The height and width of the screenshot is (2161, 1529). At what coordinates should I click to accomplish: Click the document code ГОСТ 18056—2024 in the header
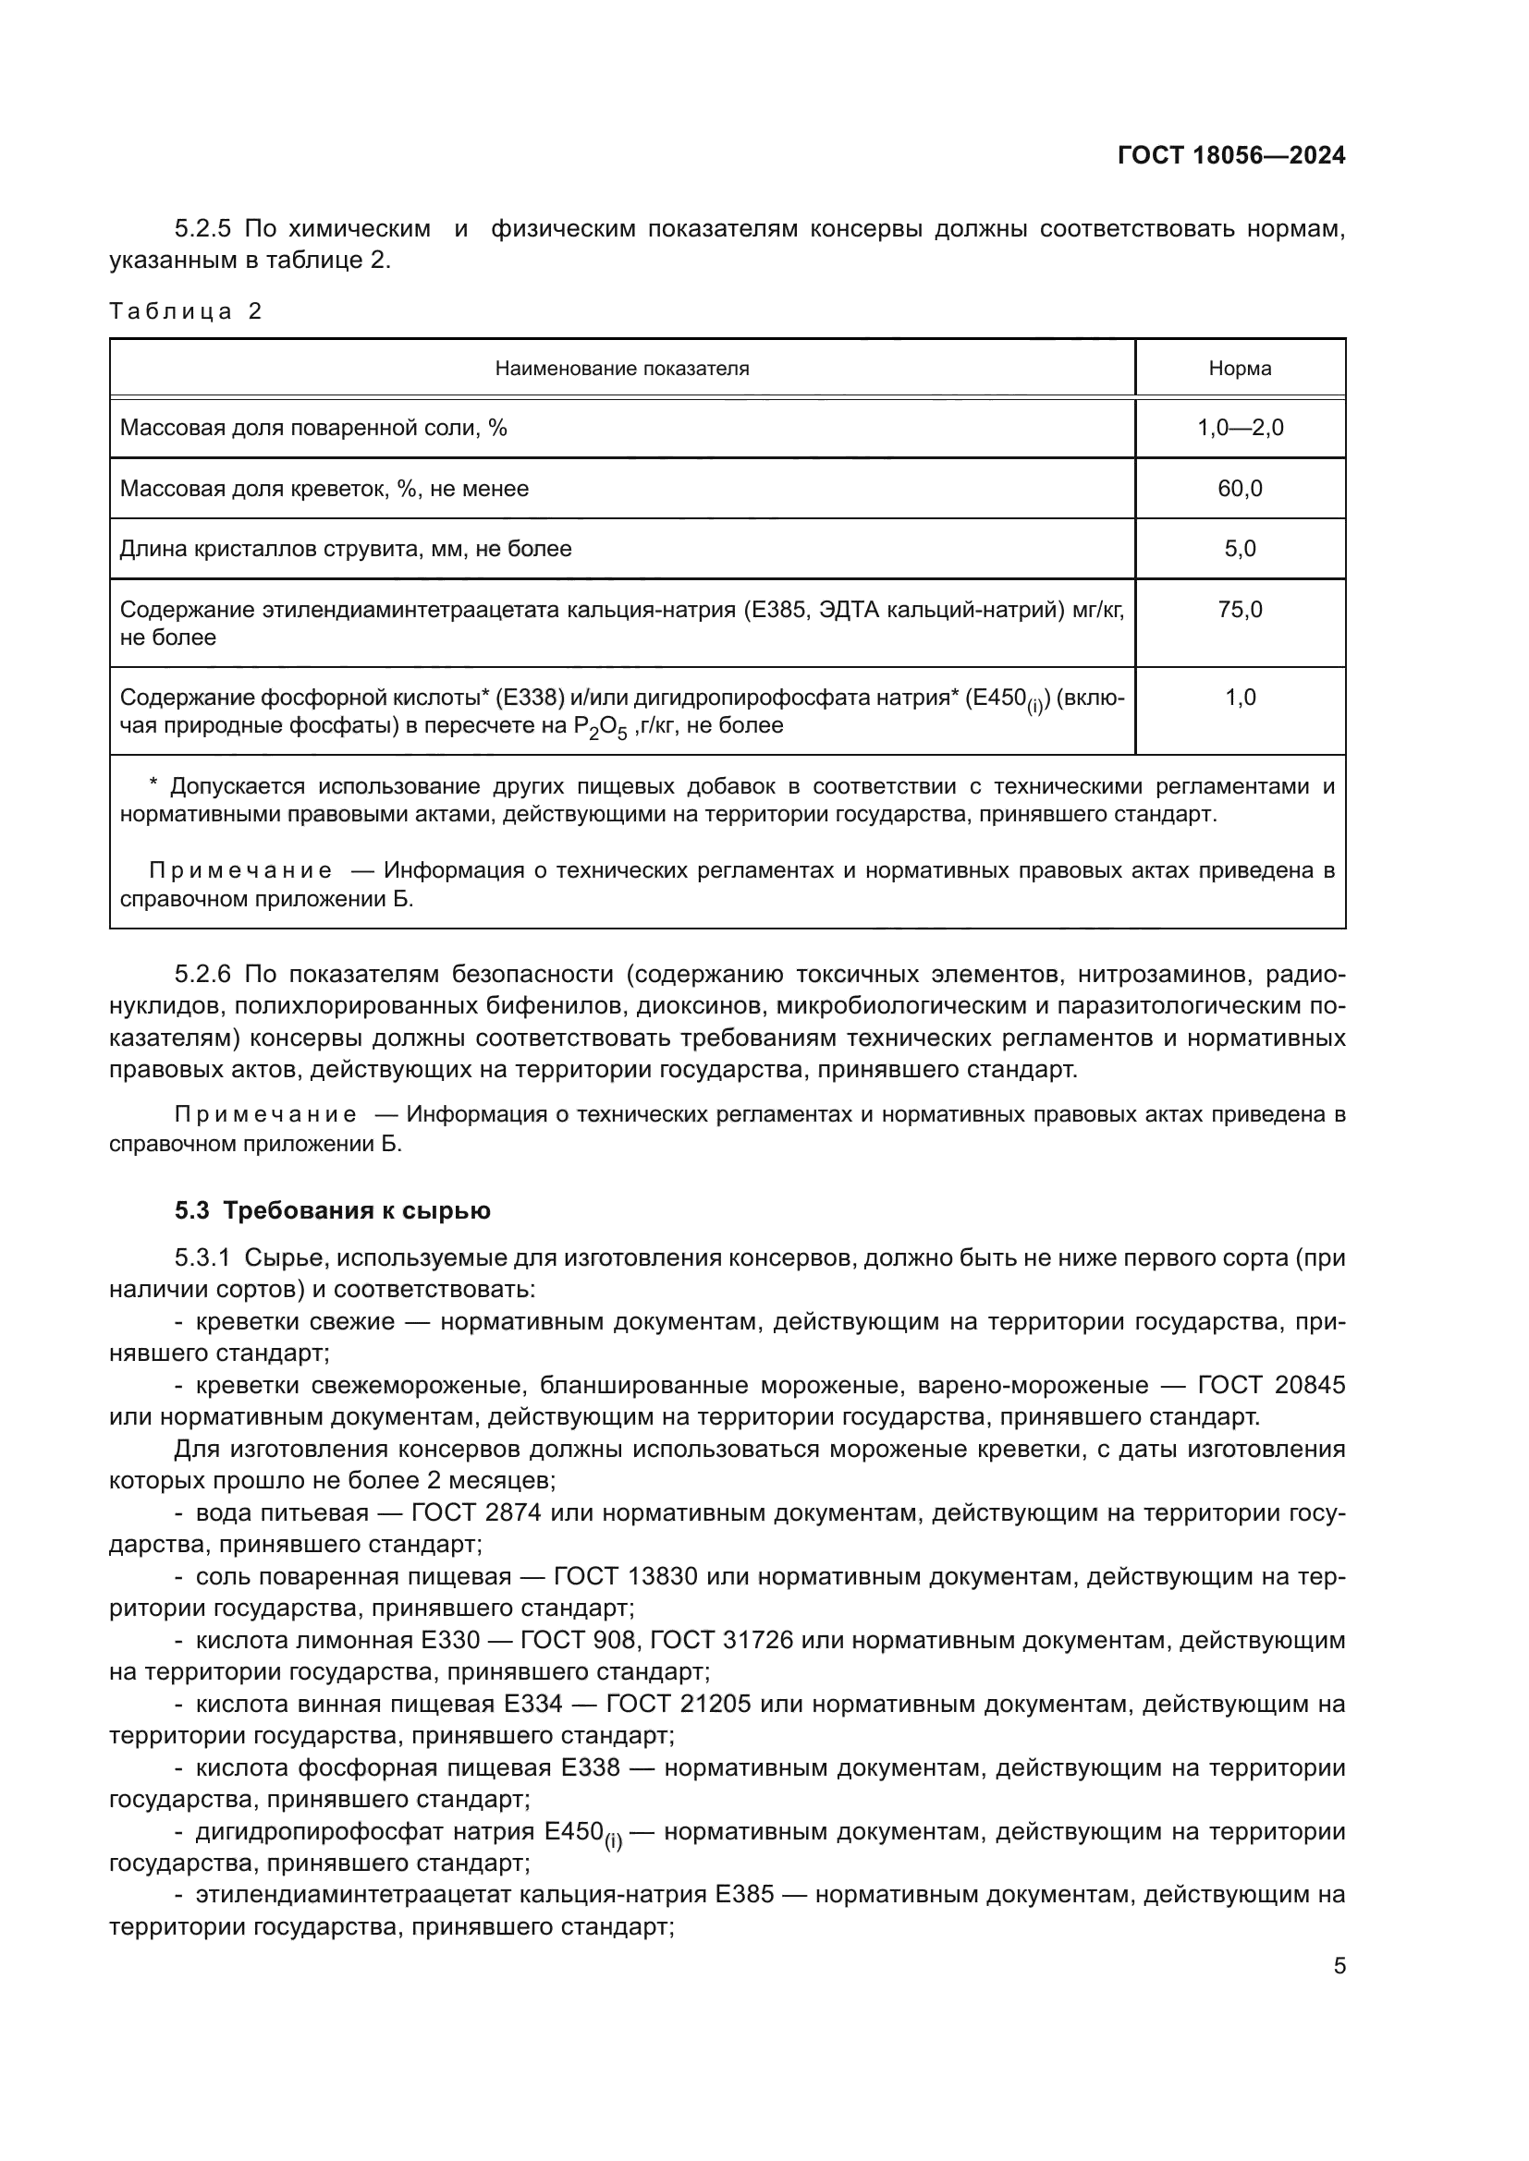pos(1230,155)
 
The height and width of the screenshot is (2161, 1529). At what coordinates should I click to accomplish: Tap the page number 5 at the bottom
pos(1339,1966)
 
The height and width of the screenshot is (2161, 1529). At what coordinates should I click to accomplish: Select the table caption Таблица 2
pos(186,311)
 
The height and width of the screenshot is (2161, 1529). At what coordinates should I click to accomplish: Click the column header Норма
pos(1239,368)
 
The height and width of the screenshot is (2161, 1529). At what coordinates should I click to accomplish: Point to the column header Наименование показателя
pos(621,368)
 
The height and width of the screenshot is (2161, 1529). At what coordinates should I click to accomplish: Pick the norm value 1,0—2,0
pos(1239,429)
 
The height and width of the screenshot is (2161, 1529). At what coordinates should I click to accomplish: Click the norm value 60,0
pos(1239,489)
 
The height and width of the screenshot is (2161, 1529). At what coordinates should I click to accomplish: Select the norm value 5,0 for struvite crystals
pos(1239,549)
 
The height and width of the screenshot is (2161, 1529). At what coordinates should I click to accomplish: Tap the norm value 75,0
pos(1239,610)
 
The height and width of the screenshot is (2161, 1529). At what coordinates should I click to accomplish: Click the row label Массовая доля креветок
pos(324,489)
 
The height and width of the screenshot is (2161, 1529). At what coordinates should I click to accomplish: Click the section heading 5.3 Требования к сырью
pos(333,1210)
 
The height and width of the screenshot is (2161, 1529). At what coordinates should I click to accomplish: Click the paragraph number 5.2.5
pos(202,229)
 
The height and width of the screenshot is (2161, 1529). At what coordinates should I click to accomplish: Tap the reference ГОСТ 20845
pos(1271,1386)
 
